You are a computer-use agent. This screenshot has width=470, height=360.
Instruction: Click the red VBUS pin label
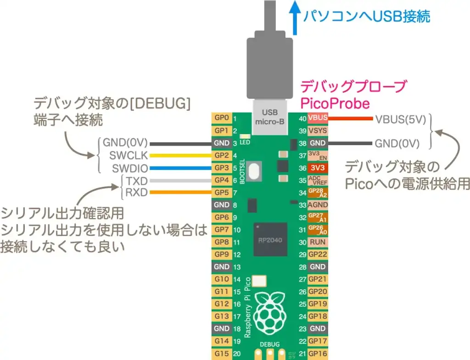click(x=318, y=118)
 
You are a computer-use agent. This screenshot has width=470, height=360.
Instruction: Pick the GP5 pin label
click(x=222, y=192)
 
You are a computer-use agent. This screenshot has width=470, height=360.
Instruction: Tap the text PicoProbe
click(x=335, y=103)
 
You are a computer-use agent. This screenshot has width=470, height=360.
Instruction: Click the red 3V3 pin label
click(x=318, y=168)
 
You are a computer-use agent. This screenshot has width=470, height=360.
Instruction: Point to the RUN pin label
click(x=318, y=242)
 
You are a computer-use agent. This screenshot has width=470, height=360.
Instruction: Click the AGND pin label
click(x=318, y=205)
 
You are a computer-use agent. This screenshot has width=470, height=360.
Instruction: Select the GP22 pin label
click(x=318, y=254)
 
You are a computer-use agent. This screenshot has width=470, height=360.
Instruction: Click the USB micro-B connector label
click(x=269, y=118)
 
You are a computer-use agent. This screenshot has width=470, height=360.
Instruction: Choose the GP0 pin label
click(x=222, y=118)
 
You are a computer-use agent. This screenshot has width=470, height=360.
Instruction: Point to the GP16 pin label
click(x=318, y=353)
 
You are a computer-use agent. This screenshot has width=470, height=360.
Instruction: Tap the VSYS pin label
click(x=318, y=131)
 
